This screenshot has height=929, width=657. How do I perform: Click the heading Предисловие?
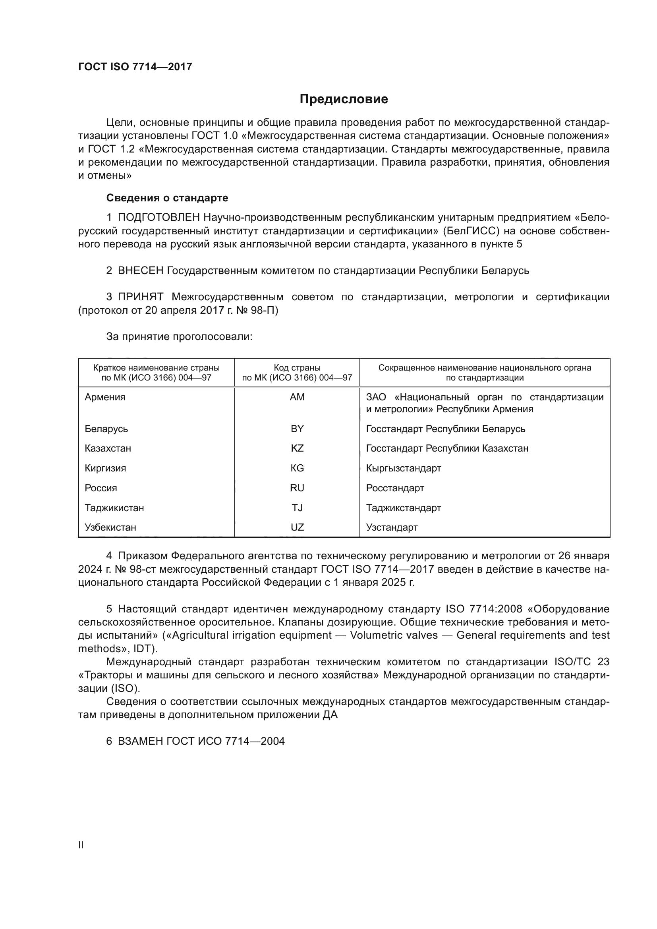pos(344,99)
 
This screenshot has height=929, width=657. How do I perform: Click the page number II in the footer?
pos(81,845)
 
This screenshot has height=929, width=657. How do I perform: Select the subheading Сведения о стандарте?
pos(167,198)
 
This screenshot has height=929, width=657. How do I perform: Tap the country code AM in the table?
pos(297,397)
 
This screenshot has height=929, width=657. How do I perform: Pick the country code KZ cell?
pos(297,448)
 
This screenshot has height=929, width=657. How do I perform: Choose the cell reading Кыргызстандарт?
pos(403,468)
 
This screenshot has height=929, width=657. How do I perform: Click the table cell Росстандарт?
pos(395,488)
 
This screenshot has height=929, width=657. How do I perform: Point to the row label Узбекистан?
pos(110,527)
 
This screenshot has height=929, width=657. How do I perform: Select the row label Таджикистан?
pos(114,508)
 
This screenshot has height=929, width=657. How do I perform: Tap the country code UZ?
pos(297,527)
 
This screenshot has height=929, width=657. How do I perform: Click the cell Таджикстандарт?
pos(403,508)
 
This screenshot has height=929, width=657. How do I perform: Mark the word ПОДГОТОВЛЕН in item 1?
pos(158,218)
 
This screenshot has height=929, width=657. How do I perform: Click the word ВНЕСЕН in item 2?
pos(140,271)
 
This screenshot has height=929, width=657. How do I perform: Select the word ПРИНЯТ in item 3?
pos(140,297)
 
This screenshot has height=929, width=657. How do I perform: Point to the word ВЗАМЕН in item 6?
pos(140,741)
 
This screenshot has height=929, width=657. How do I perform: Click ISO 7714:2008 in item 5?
pos(484,609)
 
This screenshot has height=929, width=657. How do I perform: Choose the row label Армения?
pos(105,397)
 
